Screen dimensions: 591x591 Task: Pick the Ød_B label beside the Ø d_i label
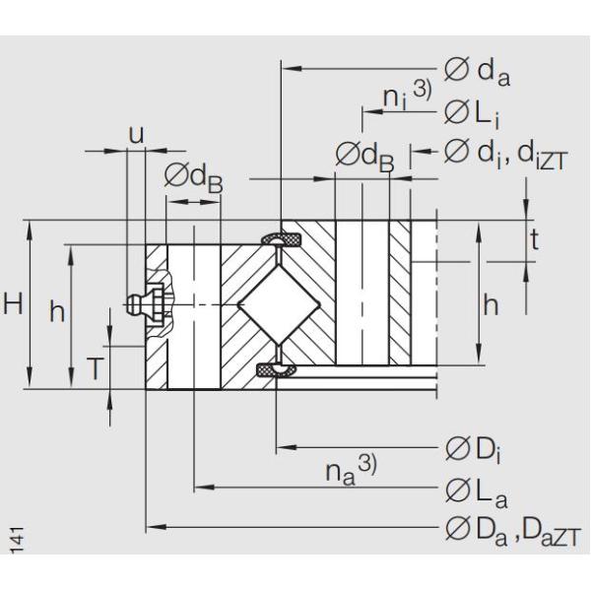point(363,156)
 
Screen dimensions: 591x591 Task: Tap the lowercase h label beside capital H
point(58,312)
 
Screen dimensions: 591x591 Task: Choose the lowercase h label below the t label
point(490,305)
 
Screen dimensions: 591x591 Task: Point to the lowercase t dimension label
point(534,239)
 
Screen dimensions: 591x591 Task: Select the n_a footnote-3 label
point(346,470)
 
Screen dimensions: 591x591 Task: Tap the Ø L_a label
point(471,490)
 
